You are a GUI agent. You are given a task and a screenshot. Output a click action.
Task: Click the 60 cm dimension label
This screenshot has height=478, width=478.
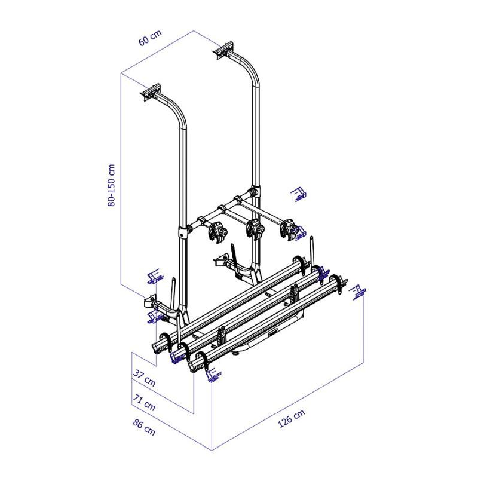150,38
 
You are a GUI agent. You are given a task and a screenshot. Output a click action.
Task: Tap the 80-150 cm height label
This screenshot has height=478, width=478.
112,185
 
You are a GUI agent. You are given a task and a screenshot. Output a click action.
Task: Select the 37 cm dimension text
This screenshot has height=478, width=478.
145,378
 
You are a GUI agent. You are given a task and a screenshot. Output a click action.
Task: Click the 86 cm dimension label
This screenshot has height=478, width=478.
144,427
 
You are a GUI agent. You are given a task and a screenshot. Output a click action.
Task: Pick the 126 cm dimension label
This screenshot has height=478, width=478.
292,419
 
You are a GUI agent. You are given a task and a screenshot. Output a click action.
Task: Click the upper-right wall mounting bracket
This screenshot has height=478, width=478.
225,50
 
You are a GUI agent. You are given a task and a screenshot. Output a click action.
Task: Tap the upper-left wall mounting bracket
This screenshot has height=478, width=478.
151,92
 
